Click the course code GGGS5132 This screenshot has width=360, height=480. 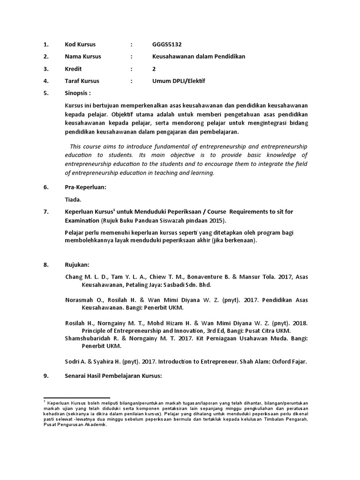tap(167, 45)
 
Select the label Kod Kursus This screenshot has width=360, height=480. tap(80, 45)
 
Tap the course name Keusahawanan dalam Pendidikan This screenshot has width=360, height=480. tap(199, 57)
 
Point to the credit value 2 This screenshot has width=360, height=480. tap(154, 69)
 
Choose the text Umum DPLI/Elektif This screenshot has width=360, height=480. tap(179, 81)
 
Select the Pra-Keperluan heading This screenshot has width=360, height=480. tap(85, 187)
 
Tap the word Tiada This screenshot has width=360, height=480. tap(73, 200)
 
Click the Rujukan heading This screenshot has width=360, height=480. tap(76, 265)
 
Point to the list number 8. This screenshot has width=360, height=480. tap(45, 265)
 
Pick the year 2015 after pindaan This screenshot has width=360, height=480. tap(217, 221)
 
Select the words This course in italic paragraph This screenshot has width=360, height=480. tap(85, 147)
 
